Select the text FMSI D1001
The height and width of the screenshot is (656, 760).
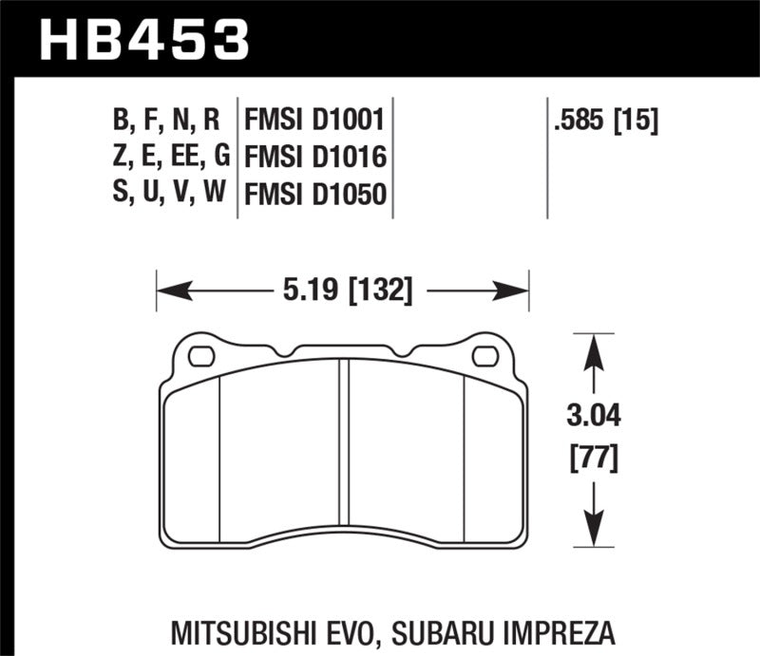coord(313,122)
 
